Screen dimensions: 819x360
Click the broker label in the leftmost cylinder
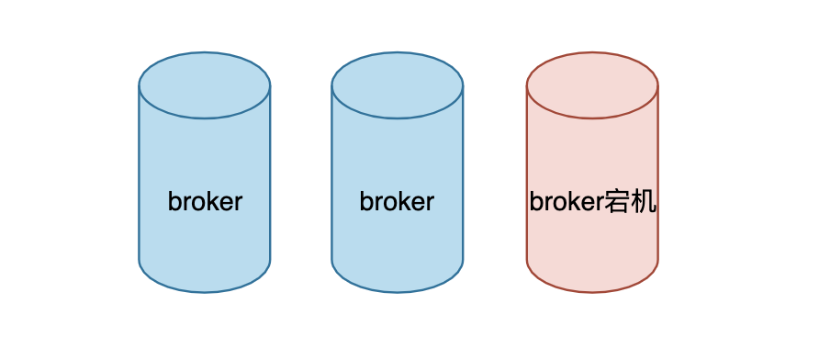[205, 202]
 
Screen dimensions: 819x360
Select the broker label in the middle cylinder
[397, 202]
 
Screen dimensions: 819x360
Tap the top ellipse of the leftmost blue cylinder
[205, 85]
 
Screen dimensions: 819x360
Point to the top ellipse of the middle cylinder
[398, 85]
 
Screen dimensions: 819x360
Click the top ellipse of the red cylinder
[592, 85]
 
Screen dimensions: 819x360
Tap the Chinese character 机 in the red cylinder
[644, 202]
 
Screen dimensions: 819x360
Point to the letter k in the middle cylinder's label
[398, 202]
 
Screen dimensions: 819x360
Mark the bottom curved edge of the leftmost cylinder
[205, 291]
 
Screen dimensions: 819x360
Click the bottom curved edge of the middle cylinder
[398, 291]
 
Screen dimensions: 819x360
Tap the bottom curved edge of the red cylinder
[592, 291]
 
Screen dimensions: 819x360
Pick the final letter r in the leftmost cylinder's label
[238, 202]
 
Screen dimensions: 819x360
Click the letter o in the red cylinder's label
[559, 202]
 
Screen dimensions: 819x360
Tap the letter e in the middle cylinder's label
[415, 202]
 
